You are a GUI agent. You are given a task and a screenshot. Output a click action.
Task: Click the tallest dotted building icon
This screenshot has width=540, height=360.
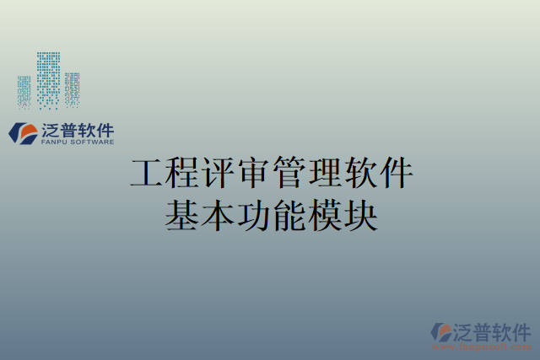[x=48, y=80]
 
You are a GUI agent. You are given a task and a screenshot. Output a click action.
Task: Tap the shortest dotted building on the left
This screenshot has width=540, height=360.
[x=24, y=91]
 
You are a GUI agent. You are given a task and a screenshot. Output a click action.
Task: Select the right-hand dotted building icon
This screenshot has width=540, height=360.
[x=72, y=89]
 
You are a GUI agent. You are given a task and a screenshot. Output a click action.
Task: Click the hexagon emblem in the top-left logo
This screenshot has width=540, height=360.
[x=22, y=132]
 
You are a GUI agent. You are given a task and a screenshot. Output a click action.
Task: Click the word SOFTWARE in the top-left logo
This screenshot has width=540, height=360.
[x=91, y=143]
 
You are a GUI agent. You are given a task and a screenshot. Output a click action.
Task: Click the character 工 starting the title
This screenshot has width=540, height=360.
[x=146, y=173]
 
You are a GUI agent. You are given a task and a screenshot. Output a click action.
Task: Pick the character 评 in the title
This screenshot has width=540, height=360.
[x=217, y=173]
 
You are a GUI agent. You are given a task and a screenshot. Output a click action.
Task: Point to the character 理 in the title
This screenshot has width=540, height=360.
[x=324, y=173]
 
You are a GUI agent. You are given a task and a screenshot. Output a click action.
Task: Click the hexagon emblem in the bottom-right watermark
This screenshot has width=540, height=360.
[x=441, y=331]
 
